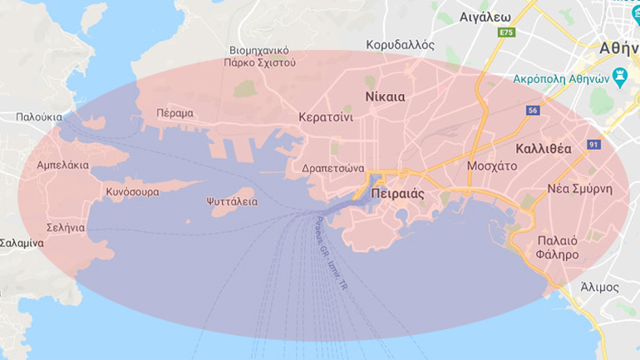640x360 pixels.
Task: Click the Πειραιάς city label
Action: [x=398, y=193]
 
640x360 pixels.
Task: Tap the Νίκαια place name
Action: [x=385, y=96]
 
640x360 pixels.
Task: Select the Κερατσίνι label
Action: [x=326, y=117]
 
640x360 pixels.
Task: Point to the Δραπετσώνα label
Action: [x=333, y=165]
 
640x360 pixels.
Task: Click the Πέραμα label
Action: [x=175, y=112]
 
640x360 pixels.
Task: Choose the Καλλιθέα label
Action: [x=544, y=149]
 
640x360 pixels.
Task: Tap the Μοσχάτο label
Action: [x=492, y=165]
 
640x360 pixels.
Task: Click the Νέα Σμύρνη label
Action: [x=579, y=189]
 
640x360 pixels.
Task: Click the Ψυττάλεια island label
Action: [x=232, y=201]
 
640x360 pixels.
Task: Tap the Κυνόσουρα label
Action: [x=132, y=191]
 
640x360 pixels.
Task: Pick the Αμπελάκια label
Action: [x=63, y=165]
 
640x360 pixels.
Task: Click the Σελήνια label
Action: [x=65, y=227]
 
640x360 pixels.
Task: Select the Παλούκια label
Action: [x=39, y=117]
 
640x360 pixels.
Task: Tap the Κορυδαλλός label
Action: [x=401, y=45]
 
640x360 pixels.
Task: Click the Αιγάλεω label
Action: [x=484, y=16]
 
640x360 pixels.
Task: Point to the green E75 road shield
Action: [x=506, y=32]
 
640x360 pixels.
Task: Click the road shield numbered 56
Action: [x=533, y=110]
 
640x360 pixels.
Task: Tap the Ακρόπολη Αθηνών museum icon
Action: [x=619, y=77]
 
